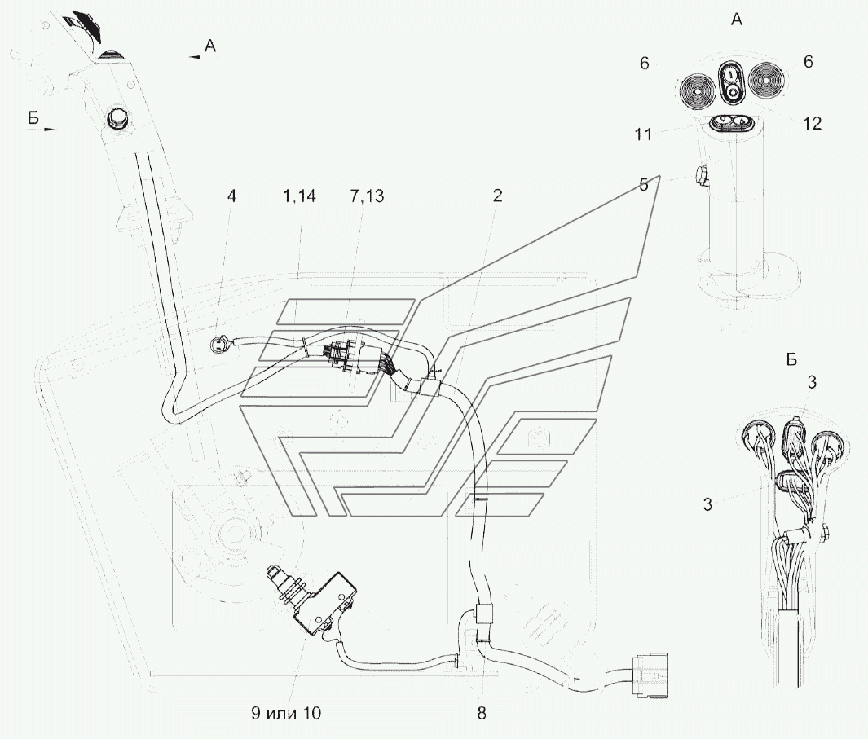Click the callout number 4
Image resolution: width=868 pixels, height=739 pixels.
pyautogui.click(x=231, y=196)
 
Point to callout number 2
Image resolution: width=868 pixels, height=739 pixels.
pyautogui.click(x=497, y=196)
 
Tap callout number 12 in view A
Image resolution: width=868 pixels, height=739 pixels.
pyautogui.click(x=812, y=124)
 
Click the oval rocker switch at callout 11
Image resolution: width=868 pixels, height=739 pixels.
pyautogui.click(x=731, y=123)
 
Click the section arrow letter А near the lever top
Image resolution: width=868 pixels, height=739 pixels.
pyautogui.click(x=209, y=48)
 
